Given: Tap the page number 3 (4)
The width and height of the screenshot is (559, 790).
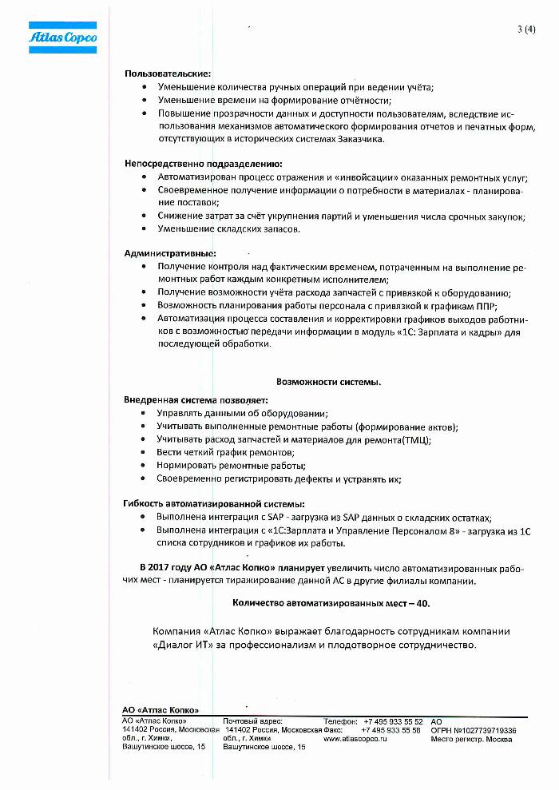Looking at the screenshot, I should click(x=526, y=30).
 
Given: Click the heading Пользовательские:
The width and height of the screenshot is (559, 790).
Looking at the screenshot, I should click(x=167, y=73).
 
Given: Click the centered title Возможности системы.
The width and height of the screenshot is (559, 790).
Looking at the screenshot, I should click(x=329, y=382).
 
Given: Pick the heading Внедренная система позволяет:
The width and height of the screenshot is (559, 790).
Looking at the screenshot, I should click(x=195, y=399).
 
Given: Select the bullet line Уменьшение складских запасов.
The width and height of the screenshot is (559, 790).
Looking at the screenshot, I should click(x=229, y=229).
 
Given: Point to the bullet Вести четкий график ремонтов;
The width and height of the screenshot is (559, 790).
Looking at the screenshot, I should click(x=226, y=452).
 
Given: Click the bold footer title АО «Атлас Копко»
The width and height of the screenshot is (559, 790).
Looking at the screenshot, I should click(x=160, y=709).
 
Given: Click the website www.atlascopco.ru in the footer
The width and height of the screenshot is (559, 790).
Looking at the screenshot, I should click(x=355, y=739).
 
